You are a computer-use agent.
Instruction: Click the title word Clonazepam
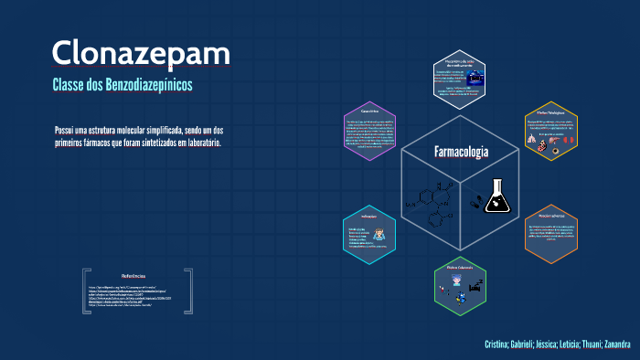pos(141,53)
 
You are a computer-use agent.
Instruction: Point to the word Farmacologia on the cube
pos(461,151)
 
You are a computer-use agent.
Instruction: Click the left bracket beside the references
pos(85,291)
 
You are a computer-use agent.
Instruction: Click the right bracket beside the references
pos(189,291)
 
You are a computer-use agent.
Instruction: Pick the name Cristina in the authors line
pos(501,344)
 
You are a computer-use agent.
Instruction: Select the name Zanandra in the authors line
pos(613,344)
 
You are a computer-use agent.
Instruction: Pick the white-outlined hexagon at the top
pos(460,77)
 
